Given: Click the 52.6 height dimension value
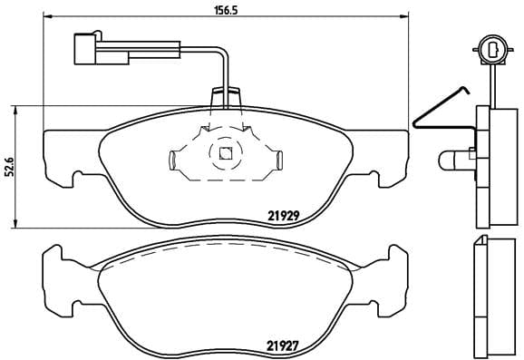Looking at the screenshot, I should coord(10,168).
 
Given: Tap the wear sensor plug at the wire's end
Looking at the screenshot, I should coord(86,46).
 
